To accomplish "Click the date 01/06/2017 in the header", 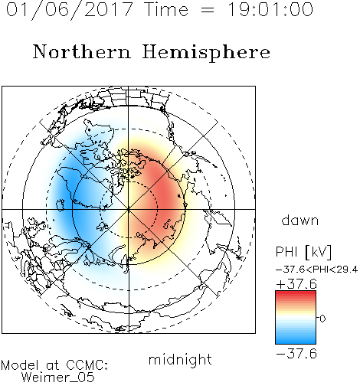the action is [x=70, y=10].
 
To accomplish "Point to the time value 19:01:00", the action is [x=270, y=9].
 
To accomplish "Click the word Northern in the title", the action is [x=82, y=51].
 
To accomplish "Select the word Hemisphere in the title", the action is [x=206, y=53].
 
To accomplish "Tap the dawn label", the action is [x=300, y=220].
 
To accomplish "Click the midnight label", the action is [x=180, y=360].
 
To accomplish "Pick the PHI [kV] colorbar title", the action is [x=304, y=252].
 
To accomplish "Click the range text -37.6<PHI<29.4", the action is [x=317, y=270].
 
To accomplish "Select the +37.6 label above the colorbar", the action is [x=296, y=284].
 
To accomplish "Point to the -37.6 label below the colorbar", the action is [x=296, y=354].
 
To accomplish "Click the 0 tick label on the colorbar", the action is [x=322, y=319].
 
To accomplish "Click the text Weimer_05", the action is [x=58, y=378].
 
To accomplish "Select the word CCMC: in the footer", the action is [x=87, y=365].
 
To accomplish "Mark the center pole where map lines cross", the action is [x=129, y=209].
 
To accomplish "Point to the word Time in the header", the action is [x=166, y=9].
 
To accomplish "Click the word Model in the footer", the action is [x=20, y=365].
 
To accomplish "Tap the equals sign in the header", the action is [x=208, y=10].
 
